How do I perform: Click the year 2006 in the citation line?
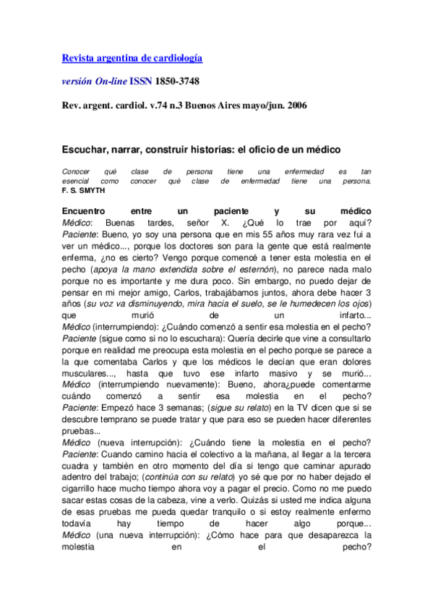pyautogui.click(x=294, y=106)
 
